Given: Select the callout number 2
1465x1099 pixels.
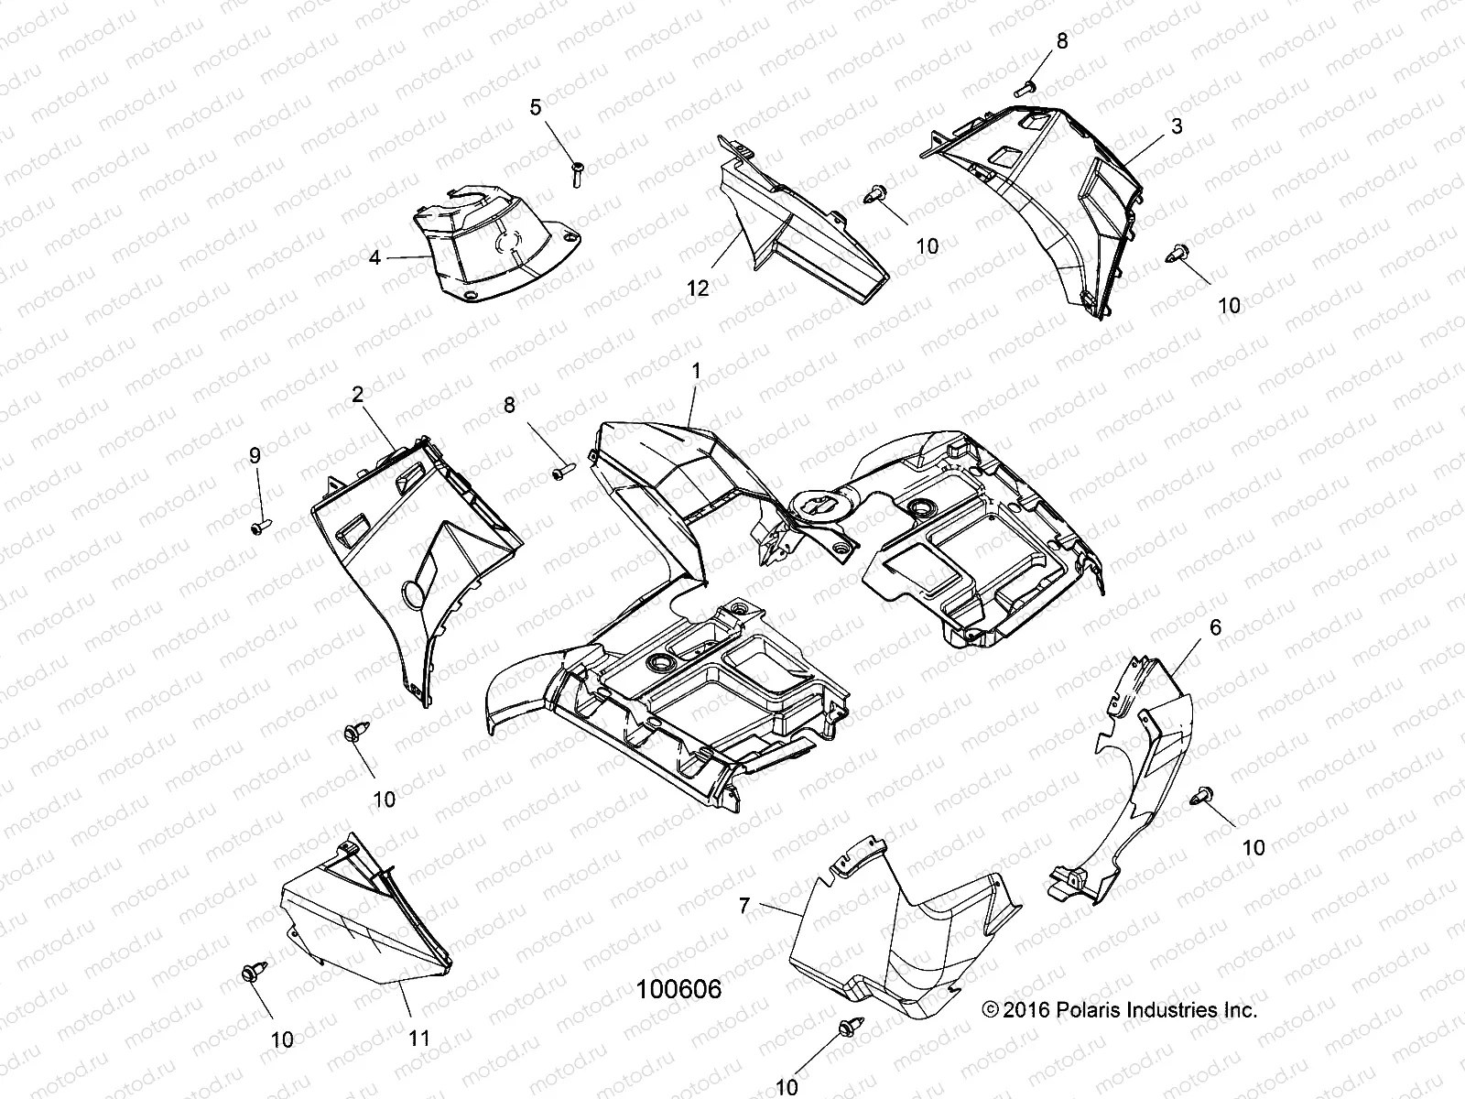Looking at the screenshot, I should click(x=357, y=395).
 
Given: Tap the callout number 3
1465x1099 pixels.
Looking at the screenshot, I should click(x=1177, y=126).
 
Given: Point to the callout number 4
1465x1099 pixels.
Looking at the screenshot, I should click(x=374, y=258).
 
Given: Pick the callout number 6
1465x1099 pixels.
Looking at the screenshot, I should click(x=1215, y=627).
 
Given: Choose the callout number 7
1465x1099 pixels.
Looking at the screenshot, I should click(x=744, y=906).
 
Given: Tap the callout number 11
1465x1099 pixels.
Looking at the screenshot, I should click(x=418, y=1038).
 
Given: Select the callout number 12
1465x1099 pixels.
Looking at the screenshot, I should click(x=698, y=288).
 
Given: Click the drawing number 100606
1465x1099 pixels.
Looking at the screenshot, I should click(x=679, y=989).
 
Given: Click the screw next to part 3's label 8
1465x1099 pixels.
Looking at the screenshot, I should click(x=1025, y=89).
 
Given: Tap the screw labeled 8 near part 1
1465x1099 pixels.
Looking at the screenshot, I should click(x=560, y=472).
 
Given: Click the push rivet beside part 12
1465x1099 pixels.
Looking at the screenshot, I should click(x=874, y=195).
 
